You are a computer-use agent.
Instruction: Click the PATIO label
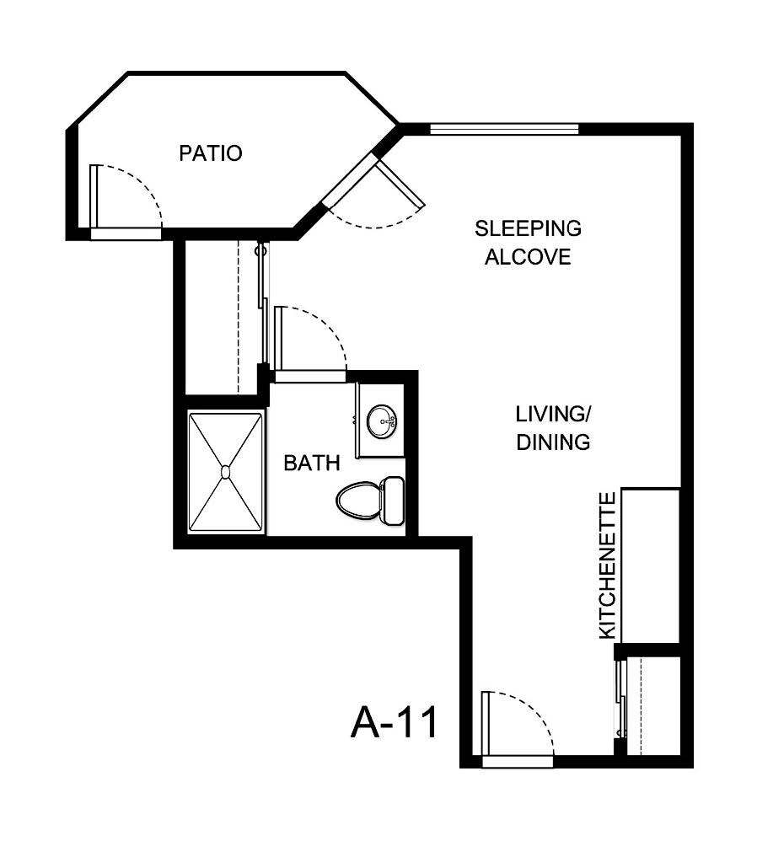[211, 153]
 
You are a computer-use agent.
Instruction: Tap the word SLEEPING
[528, 228]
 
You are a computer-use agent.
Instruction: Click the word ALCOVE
[528, 257]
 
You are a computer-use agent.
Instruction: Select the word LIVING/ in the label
[553, 414]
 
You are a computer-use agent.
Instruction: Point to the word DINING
[553, 442]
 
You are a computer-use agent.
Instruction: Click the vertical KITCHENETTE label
[608, 566]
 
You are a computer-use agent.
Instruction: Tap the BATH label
[312, 463]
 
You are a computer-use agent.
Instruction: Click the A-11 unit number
[395, 722]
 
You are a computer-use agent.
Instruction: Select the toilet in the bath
[358, 501]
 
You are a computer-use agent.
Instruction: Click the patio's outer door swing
[126, 196]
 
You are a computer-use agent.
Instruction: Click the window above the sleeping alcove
[504, 129]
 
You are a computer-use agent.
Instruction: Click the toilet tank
[393, 501]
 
